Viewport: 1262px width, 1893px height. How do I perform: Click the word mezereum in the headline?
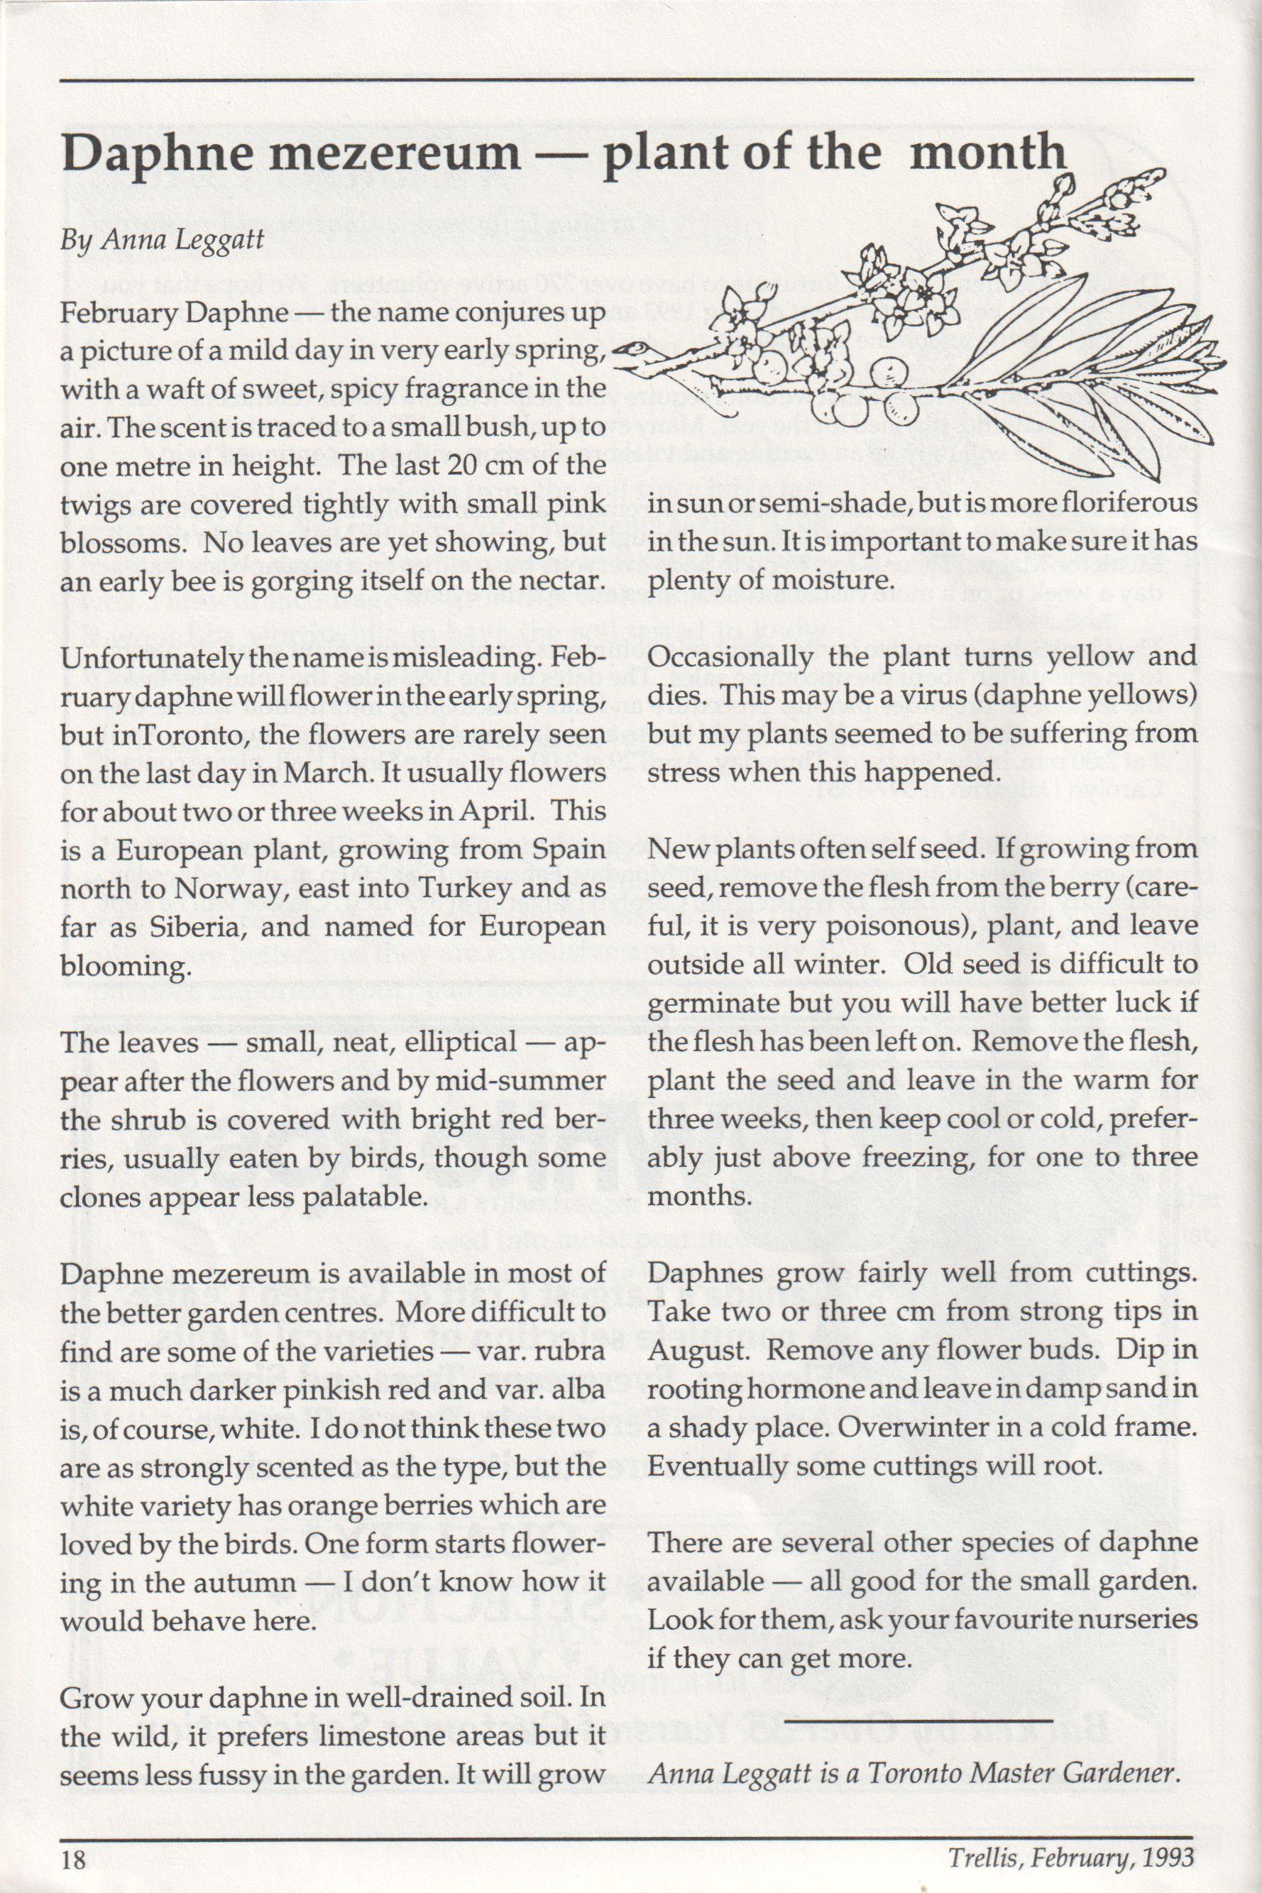click(x=395, y=153)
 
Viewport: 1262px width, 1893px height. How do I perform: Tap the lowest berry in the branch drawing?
click(x=846, y=413)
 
